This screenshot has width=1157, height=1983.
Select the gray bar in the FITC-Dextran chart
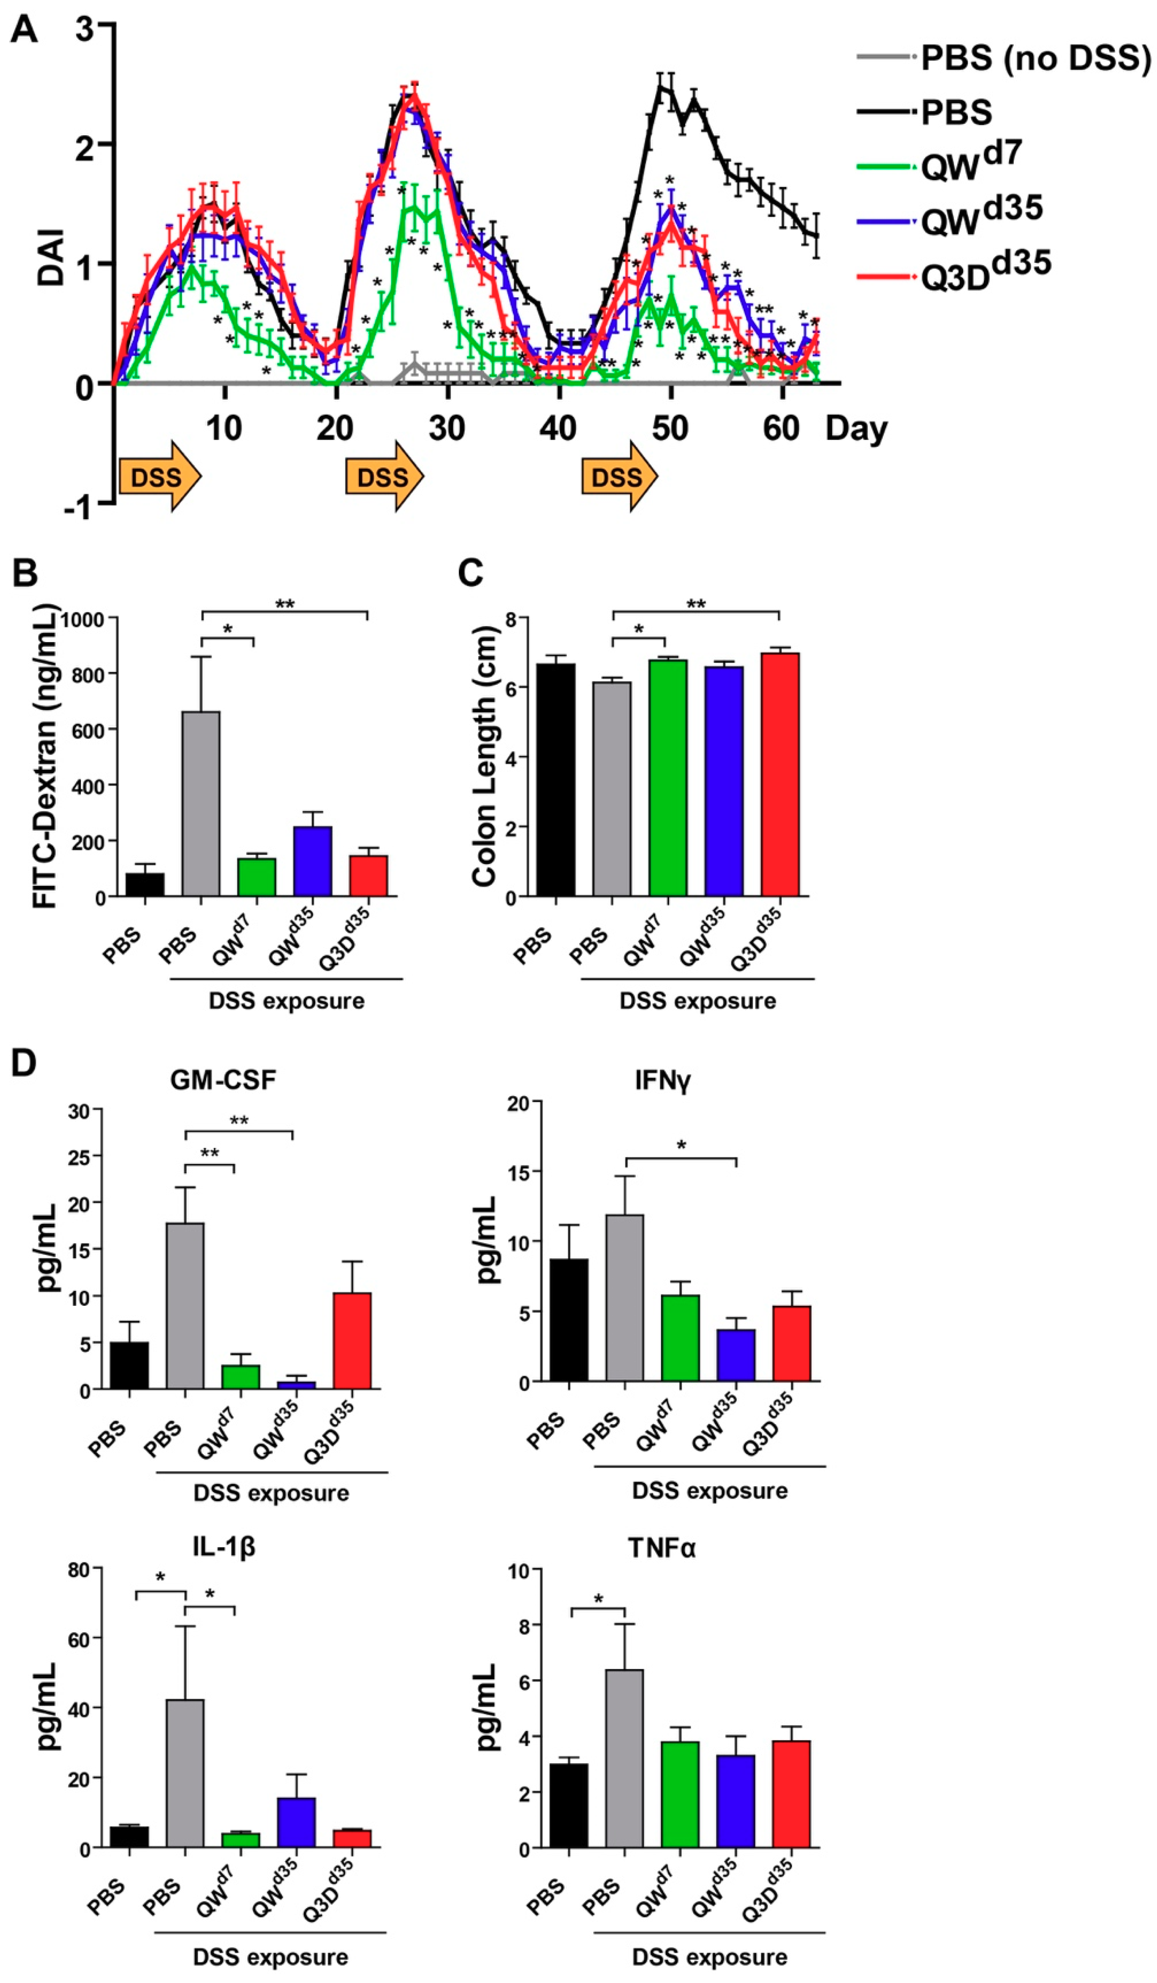(201, 803)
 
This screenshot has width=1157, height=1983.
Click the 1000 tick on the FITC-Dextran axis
(83, 619)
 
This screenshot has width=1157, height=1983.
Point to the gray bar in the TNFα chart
(624, 1758)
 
